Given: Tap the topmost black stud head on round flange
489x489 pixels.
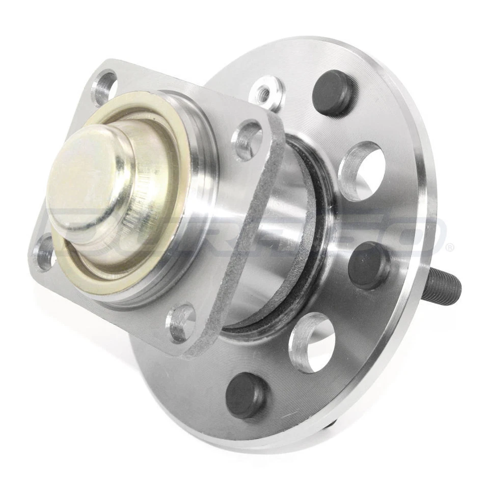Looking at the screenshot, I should coord(334,92).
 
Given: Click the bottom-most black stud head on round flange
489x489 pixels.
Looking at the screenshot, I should coord(246,395).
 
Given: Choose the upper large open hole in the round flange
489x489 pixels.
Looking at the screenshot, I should coord(362,171).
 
